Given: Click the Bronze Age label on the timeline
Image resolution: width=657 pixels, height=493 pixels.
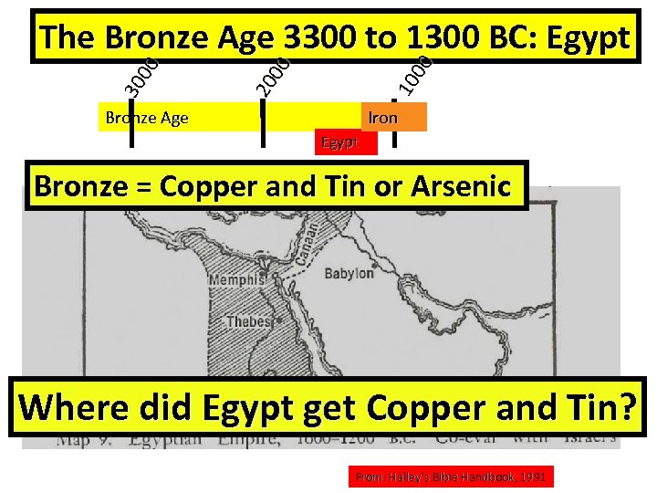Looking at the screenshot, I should (x=147, y=117).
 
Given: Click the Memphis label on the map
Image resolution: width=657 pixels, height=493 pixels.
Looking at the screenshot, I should (x=237, y=282).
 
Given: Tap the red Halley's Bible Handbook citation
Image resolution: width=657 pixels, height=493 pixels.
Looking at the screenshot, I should (x=452, y=477).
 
